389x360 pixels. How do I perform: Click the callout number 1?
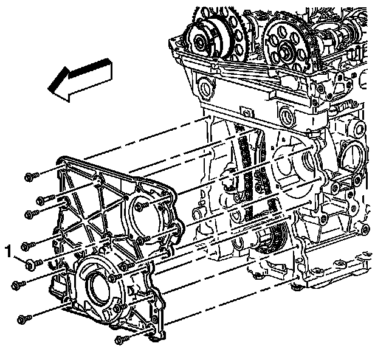[x=9, y=251]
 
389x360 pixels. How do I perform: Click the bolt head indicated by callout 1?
[x=30, y=264]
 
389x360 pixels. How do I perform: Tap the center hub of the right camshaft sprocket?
[x=284, y=52]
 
